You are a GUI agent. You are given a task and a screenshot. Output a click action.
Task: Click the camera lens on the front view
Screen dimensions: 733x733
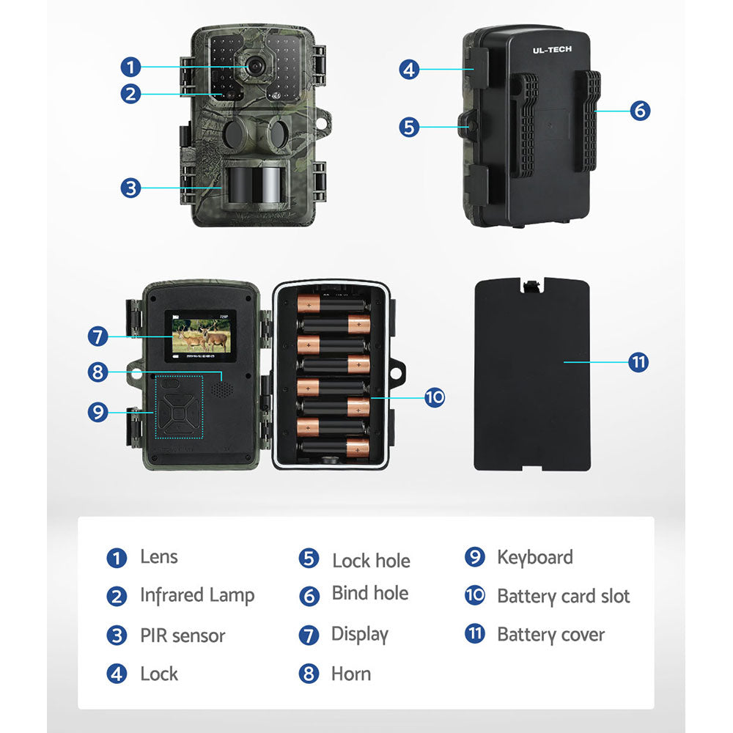coord(254,66)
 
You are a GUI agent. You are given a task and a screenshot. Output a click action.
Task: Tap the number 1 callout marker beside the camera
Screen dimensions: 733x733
coord(130,67)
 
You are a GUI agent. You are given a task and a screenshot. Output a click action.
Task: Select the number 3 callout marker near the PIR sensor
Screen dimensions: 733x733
coord(130,188)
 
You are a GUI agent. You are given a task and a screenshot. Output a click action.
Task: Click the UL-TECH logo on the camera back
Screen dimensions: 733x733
coord(553,50)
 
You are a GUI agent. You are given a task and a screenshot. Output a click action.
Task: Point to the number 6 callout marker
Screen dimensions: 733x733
coord(640,111)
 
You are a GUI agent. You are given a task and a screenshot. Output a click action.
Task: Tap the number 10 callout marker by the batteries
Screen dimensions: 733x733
coord(434,397)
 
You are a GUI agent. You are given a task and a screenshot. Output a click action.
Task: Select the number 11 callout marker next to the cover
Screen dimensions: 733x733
coord(638,361)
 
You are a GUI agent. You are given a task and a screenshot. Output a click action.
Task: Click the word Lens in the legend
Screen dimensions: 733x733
coord(159,557)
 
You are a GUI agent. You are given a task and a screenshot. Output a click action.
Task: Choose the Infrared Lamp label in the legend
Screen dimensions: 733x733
coord(197,596)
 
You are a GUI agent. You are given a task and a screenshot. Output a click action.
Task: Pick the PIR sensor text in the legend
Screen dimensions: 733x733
coord(183,636)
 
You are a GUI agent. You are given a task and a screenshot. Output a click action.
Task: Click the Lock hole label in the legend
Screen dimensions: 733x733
coord(371,561)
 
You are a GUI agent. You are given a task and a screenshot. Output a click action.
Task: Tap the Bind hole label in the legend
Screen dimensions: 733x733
coord(370,594)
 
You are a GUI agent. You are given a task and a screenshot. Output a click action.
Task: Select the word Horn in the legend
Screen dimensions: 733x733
coord(351,674)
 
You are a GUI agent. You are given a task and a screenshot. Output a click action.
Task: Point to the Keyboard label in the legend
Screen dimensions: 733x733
coord(535,557)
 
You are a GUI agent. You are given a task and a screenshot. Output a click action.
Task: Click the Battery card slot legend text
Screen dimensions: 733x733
coord(563,597)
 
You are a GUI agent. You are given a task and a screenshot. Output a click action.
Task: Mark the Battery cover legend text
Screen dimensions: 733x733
coord(550,635)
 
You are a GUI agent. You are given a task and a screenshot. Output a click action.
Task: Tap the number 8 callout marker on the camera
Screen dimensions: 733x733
coord(97,372)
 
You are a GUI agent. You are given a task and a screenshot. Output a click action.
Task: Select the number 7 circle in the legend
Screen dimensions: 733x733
coord(309,635)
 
